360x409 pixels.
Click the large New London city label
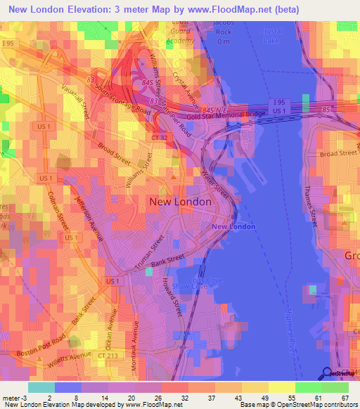[180, 202]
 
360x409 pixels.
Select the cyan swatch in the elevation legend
[41, 387]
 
